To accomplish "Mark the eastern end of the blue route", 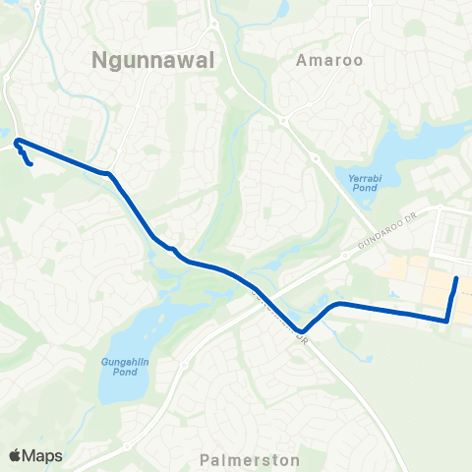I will [456, 280].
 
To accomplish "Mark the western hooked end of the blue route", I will [31, 164].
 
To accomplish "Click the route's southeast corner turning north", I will [447, 320].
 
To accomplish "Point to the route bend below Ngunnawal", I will [109, 174].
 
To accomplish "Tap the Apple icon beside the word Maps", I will [15, 454].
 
